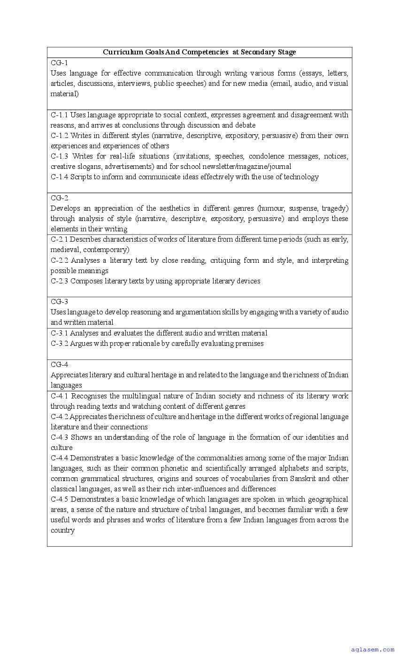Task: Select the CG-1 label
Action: coord(59,63)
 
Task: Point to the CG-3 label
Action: coord(59,302)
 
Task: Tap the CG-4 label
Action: coord(59,365)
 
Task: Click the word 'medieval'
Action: coord(65,250)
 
